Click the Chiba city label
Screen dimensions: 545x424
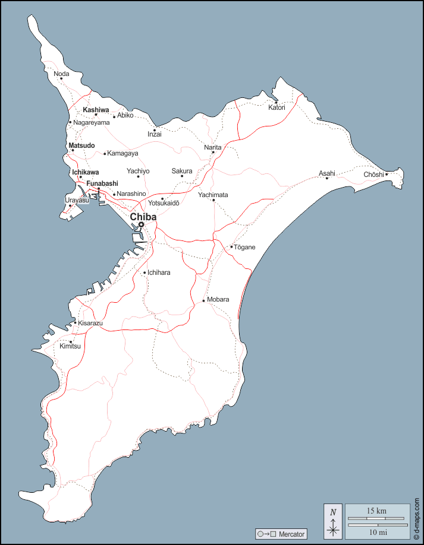(x=143, y=217)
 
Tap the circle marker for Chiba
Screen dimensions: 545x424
(x=141, y=224)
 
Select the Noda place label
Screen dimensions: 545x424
(x=61, y=74)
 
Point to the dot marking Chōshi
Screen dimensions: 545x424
(x=386, y=174)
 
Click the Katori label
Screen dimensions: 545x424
(x=277, y=107)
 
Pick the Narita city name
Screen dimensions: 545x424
(x=212, y=147)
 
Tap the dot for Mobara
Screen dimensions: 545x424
(x=203, y=300)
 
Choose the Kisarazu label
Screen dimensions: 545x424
(x=90, y=323)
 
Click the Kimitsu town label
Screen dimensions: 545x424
(x=70, y=346)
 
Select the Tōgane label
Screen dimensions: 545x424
(x=244, y=247)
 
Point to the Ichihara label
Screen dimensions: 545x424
(x=159, y=272)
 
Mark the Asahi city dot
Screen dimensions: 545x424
(x=326, y=178)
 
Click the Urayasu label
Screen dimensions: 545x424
(x=77, y=200)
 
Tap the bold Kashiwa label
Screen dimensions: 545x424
(x=96, y=110)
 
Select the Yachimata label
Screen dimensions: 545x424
(x=213, y=195)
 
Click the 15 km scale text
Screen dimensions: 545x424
(x=377, y=511)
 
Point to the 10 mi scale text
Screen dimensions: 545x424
(x=377, y=533)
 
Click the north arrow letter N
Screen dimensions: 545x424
(x=333, y=512)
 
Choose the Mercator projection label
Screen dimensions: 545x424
(x=291, y=534)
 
